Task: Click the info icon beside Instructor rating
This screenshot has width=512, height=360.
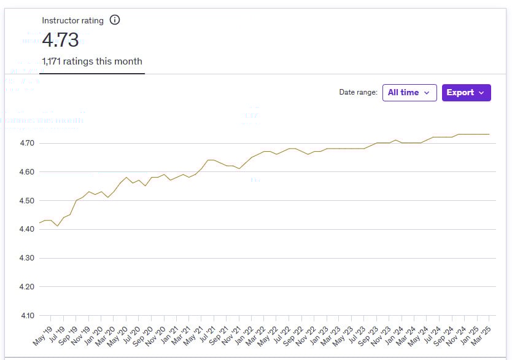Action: (115, 20)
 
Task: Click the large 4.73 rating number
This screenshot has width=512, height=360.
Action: (60, 40)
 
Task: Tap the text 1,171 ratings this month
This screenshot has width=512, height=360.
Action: (91, 61)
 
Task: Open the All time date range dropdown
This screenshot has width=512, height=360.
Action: (409, 93)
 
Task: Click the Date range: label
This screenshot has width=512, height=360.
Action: (358, 93)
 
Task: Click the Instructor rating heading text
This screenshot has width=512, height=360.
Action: (72, 20)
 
